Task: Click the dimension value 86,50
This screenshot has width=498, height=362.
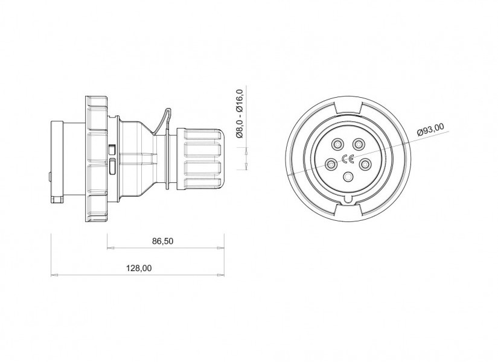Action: pos(163,241)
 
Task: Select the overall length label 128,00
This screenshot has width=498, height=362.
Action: pos(139,268)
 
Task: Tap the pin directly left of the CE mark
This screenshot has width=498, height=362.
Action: pos(331,165)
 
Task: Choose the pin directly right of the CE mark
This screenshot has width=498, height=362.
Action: pos(365,164)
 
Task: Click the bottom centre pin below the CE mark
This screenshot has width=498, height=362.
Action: pos(348,176)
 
